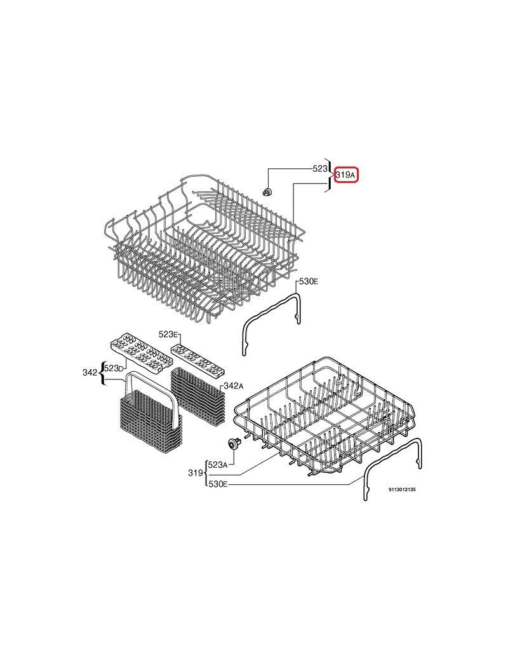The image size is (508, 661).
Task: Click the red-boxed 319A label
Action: pyautogui.click(x=346, y=175)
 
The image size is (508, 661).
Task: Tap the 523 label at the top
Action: pyautogui.click(x=319, y=168)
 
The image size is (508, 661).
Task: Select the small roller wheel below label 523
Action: pyautogui.click(x=267, y=191)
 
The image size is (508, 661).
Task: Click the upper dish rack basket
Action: pyautogui.click(x=204, y=245)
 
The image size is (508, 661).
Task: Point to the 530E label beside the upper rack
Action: pyautogui.click(x=309, y=281)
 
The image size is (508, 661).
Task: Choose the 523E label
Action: pyautogui.click(x=169, y=334)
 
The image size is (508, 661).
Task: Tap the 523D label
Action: pyautogui.click(x=114, y=368)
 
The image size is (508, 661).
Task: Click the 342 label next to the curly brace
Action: pyautogui.click(x=90, y=372)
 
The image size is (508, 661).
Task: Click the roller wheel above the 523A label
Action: pyautogui.click(x=232, y=443)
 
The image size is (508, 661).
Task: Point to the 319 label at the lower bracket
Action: pyautogui.click(x=195, y=473)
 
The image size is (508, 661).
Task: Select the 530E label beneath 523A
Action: pyautogui.click(x=218, y=485)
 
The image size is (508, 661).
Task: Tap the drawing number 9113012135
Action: pyautogui.click(x=402, y=490)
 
